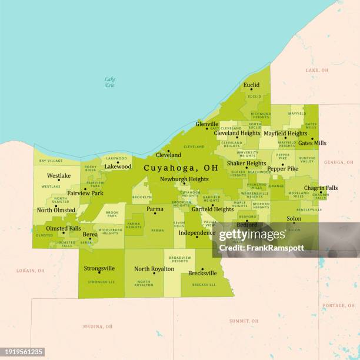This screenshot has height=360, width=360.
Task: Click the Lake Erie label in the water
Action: click(x=110, y=82)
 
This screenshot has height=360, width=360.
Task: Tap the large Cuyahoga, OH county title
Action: click(x=181, y=168)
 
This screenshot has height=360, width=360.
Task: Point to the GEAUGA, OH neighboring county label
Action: click(x=339, y=162)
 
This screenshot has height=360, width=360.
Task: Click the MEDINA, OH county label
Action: click(x=98, y=326)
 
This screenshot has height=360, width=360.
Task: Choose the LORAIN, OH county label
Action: click(x=30, y=271)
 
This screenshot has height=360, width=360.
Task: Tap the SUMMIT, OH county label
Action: click(x=244, y=321)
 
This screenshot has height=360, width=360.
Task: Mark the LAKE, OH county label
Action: click(x=317, y=71)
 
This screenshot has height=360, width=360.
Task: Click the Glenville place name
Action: click(x=207, y=124)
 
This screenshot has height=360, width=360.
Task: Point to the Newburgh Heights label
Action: click(x=184, y=179)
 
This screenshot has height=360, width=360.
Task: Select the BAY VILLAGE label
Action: click(x=51, y=161)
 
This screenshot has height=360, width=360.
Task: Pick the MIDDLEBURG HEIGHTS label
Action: click(x=110, y=232)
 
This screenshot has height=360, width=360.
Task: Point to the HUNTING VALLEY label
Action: click(x=307, y=159)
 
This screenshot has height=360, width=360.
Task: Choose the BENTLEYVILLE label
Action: click(x=309, y=210)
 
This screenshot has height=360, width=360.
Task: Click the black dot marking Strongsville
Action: click(x=99, y=272)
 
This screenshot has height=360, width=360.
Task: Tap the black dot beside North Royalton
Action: click(x=154, y=273)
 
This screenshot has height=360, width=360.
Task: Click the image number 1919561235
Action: click(x=23, y=352)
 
